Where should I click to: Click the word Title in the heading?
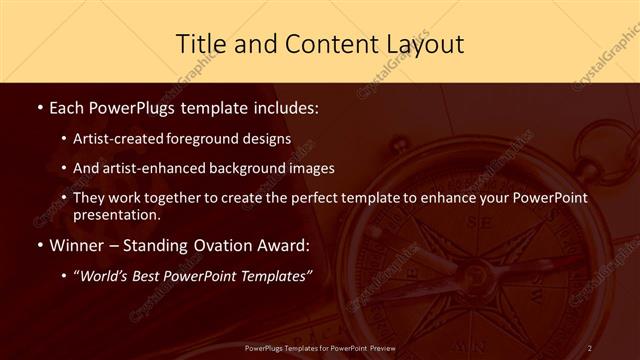[200, 44]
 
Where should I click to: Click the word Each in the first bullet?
[67, 105]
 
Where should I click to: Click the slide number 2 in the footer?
[590, 348]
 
